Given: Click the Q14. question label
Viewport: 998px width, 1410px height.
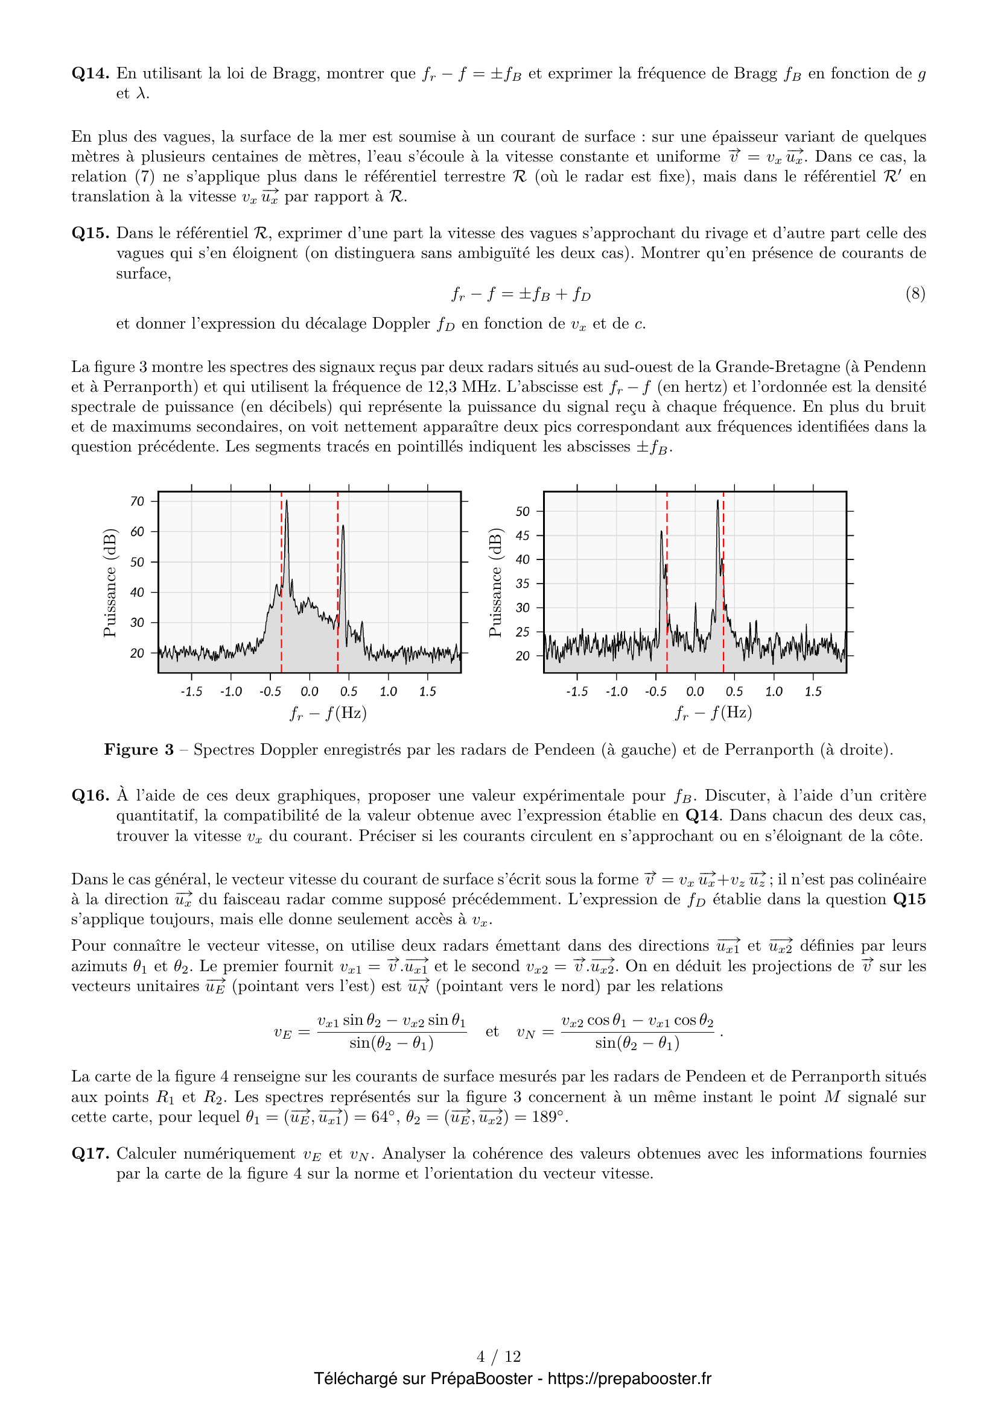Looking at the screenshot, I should click(91, 74).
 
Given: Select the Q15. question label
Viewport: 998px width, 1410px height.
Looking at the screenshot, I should click(91, 233).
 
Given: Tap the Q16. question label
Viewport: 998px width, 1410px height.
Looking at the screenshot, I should click(91, 796).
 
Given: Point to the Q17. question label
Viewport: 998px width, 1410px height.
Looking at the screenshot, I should click(91, 1154).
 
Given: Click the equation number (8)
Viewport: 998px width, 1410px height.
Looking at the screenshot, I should click(915, 294).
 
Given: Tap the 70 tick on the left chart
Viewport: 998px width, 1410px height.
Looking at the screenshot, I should click(137, 501).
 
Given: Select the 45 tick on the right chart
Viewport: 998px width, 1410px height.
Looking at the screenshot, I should click(523, 535).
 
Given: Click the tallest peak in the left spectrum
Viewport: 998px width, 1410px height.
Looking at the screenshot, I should click(287, 502).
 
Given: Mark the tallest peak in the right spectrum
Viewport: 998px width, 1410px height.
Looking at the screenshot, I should click(717, 501).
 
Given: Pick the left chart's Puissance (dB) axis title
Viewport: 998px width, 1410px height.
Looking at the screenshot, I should click(109, 582).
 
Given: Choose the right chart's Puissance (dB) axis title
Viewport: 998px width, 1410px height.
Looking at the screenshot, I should click(495, 582).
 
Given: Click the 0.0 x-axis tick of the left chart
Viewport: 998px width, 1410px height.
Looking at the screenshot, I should click(309, 691).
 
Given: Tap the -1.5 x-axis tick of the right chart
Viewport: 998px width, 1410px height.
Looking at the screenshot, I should click(576, 691).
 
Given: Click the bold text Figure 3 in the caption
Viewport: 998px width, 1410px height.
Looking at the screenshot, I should click(139, 750).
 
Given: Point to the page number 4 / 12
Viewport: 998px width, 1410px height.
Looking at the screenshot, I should click(498, 1356).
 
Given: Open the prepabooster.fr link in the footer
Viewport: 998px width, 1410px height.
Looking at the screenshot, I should click(629, 1379).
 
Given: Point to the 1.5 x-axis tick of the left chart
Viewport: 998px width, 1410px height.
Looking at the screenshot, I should click(427, 691).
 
